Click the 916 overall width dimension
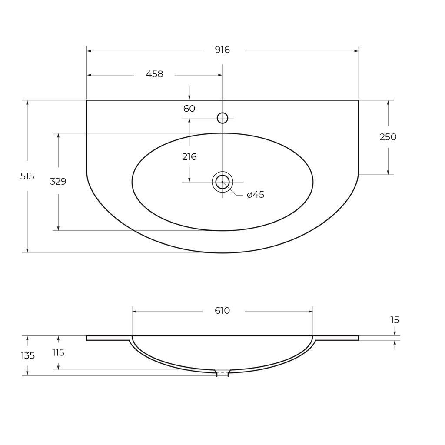pyautogui.click(x=222, y=50)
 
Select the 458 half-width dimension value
pyautogui.click(x=154, y=74)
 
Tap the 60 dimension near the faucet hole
pyautogui.click(x=189, y=109)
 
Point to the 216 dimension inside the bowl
pyautogui.click(x=189, y=157)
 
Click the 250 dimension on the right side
pyautogui.click(x=388, y=137)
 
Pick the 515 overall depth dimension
pyautogui.click(x=27, y=176)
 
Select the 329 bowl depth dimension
pyautogui.click(x=58, y=182)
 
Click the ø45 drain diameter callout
pyautogui.click(x=255, y=195)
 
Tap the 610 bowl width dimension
pyautogui.click(x=222, y=311)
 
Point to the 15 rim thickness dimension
pyautogui.click(x=394, y=320)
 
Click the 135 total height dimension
pyautogui.click(x=27, y=355)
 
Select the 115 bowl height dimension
pyautogui.click(x=58, y=352)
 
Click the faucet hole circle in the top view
pyautogui.click(x=222, y=118)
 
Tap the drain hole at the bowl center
pyautogui.click(x=222, y=182)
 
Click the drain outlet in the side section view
pyautogui.click(x=222, y=373)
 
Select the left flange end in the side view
pyautogui.click(x=88, y=338)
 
